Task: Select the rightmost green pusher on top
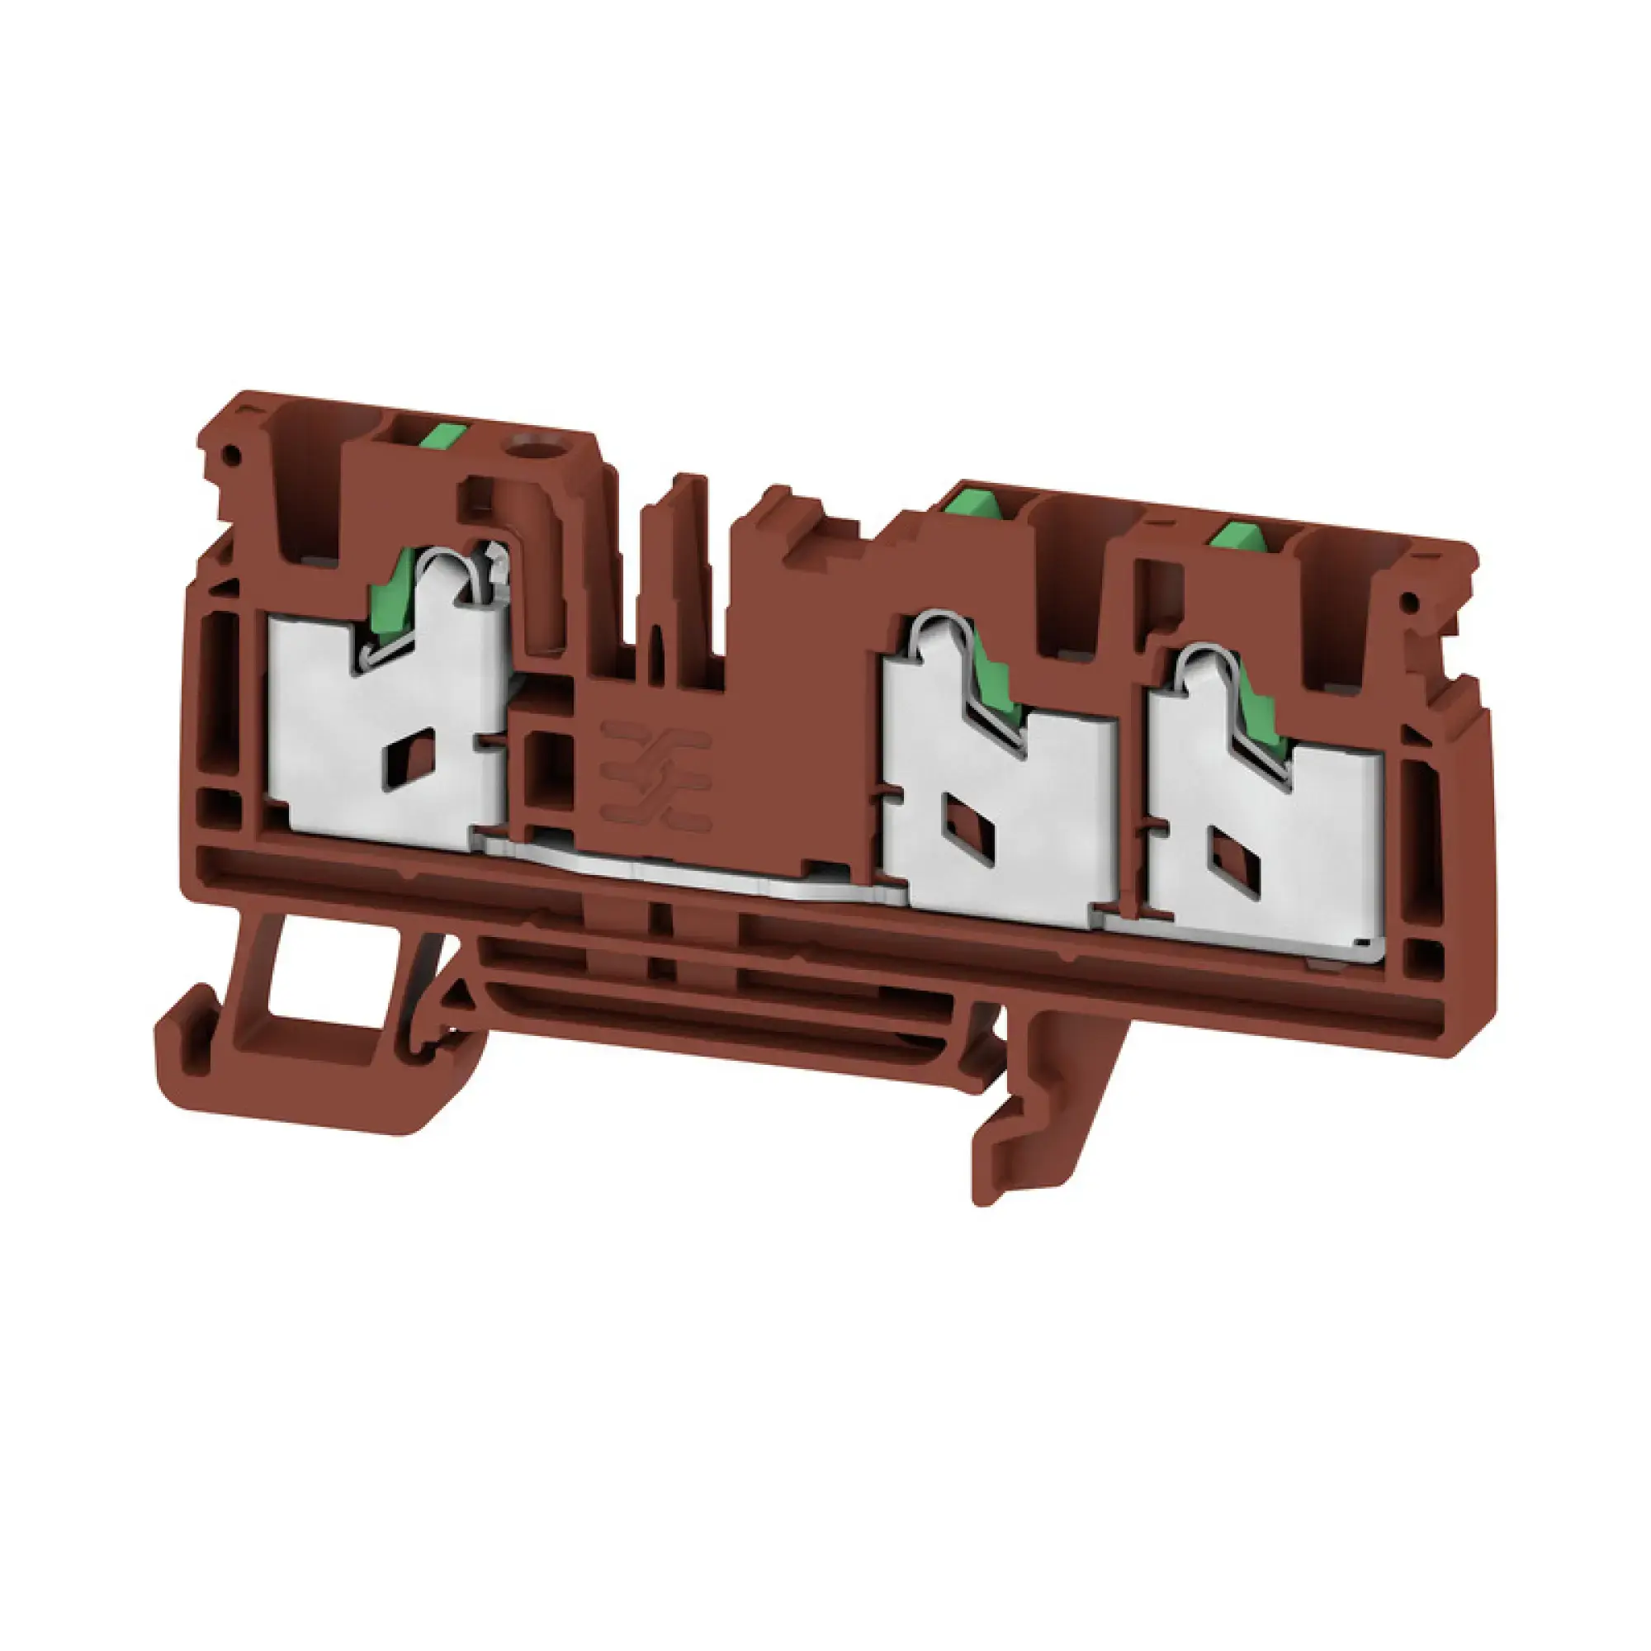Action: (1239, 537)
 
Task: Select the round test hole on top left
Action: (524, 444)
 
